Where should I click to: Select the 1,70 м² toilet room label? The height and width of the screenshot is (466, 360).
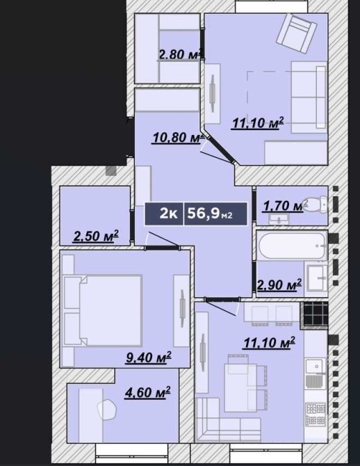click(284, 205)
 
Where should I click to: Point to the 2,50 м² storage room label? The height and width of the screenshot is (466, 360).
click(96, 236)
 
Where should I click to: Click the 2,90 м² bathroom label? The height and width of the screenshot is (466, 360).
click(279, 284)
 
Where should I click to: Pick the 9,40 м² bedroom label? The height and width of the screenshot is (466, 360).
click(148, 357)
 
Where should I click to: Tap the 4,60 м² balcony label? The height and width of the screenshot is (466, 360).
click(147, 392)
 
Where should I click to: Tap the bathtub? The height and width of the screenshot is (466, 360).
click(292, 246)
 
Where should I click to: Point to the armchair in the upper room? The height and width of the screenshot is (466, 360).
click(296, 34)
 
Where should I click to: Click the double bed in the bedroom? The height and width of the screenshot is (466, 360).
click(101, 310)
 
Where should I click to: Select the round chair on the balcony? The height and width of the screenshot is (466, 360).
click(106, 409)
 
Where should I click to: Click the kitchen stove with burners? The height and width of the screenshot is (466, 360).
click(316, 414)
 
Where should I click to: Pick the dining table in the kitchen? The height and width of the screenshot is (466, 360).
click(238, 383)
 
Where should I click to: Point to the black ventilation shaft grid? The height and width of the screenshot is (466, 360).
click(315, 315)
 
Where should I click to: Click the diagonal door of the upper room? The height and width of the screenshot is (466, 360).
click(221, 150)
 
